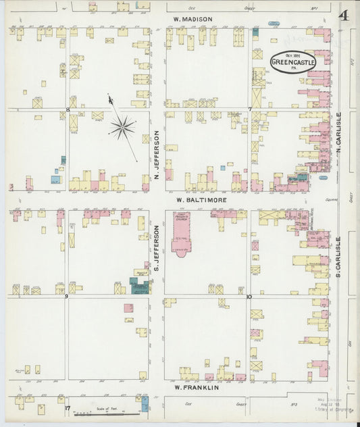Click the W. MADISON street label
(192, 19)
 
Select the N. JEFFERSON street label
(155, 156)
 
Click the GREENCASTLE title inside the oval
(292, 62)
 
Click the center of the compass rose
(122, 126)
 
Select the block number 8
(68, 109)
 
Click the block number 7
(249, 109)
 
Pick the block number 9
(66, 297)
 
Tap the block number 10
(249, 297)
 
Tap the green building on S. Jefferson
(140, 284)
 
